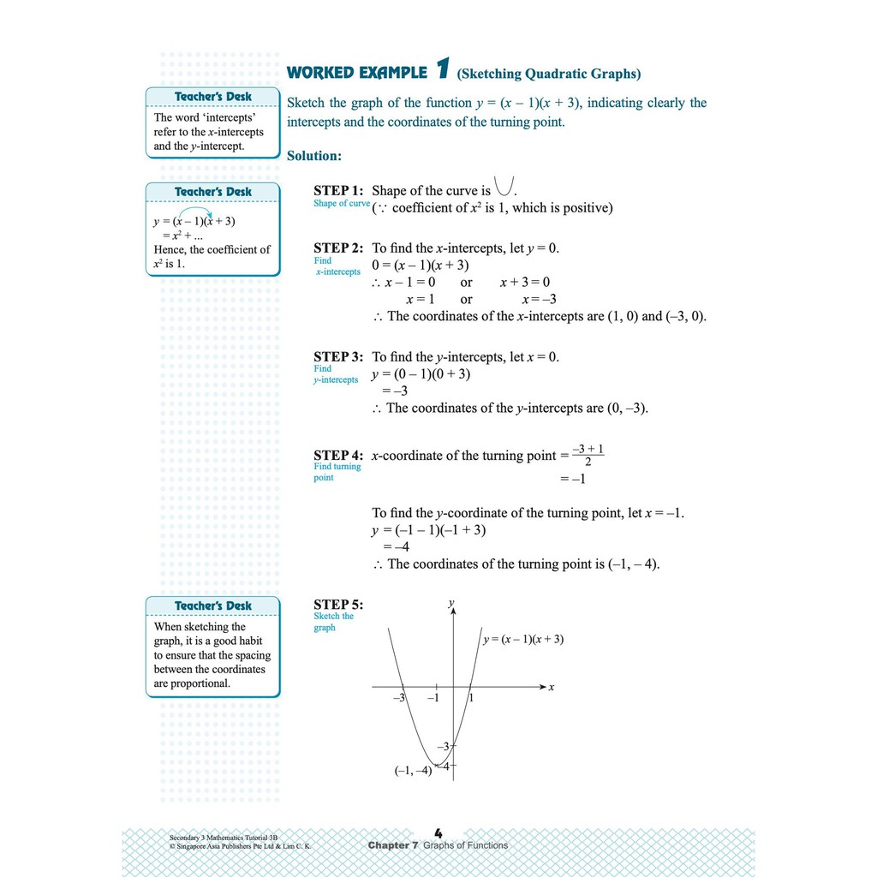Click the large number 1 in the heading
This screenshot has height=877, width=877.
[x=442, y=69]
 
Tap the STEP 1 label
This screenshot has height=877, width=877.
[x=338, y=190]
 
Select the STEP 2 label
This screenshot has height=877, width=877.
[x=338, y=248]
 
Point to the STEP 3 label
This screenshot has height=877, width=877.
[x=338, y=356]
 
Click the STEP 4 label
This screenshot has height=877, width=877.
[x=338, y=456]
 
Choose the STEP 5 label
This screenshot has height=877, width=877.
[x=338, y=605]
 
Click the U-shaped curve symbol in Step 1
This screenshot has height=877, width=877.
[x=504, y=186]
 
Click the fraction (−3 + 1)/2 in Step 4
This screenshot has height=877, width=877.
[x=588, y=455]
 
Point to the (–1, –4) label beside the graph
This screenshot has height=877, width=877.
[x=413, y=770]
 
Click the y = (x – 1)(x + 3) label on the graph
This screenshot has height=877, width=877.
[x=523, y=639]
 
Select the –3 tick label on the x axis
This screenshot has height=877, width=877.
[x=398, y=698]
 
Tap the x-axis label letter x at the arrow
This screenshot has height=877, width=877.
[x=552, y=687]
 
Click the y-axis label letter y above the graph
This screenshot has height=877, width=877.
[x=450, y=603]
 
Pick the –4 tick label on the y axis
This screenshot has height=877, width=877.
[x=443, y=766]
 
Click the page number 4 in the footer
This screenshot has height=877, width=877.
[x=438, y=832]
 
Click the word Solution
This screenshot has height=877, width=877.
[x=314, y=156]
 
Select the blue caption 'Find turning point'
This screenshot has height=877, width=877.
[x=337, y=472]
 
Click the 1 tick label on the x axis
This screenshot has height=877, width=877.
[x=470, y=698]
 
